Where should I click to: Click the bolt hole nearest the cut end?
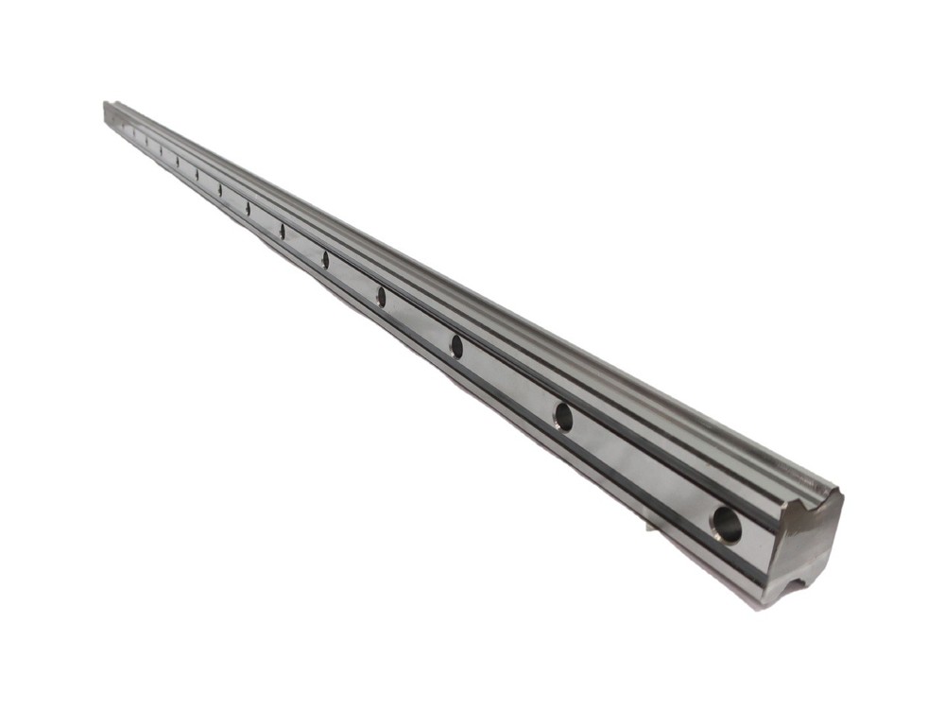tap(727, 523)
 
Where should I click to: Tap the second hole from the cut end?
tap(563, 416)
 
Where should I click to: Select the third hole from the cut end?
tap(456, 346)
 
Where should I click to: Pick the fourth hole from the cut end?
tap(381, 296)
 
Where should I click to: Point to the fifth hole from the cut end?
tap(325, 259)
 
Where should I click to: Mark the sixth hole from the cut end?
tap(282, 231)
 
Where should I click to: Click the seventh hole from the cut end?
tap(248, 208)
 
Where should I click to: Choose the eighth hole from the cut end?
tap(220, 190)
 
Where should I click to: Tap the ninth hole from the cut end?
tap(197, 175)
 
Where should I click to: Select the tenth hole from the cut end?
tap(178, 162)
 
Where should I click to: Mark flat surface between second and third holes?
tap(509, 381)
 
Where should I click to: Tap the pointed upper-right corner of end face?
tap(840, 493)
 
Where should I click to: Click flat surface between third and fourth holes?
tap(418, 320)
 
